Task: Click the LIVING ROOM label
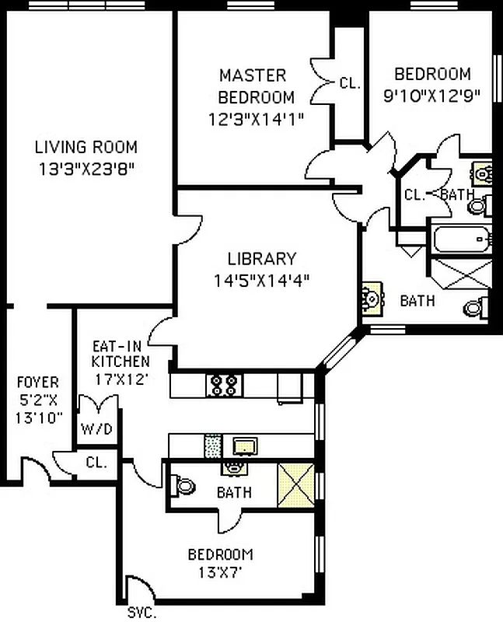pyautogui.click(x=86, y=146)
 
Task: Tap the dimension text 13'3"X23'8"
pyautogui.click(x=86, y=169)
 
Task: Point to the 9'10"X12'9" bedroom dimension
pyautogui.click(x=432, y=96)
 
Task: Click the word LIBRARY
pyautogui.click(x=261, y=259)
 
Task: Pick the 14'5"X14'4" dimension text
pyautogui.click(x=261, y=281)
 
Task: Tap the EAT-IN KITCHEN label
pyautogui.click(x=121, y=354)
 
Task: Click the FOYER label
pyautogui.click(x=37, y=383)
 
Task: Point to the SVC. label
pyautogui.click(x=142, y=613)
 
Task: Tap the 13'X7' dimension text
pyautogui.click(x=220, y=575)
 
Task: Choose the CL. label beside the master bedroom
pyautogui.click(x=350, y=83)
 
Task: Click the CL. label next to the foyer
pyautogui.click(x=96, y=463)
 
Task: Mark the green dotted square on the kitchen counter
pyautogui.click(x=212, y=446)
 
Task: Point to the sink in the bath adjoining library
pyautogui.click(x=371, y=298)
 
